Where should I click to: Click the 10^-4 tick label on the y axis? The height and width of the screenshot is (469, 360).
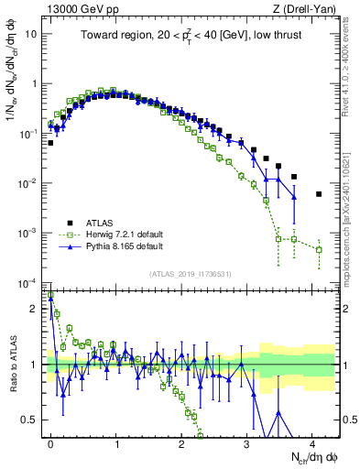coord(31,282)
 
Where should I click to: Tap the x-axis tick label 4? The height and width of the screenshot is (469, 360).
coord(312,442)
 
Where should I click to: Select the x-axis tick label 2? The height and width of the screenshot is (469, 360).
coord(181,442)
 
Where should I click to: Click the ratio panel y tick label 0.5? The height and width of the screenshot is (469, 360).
coord(33,420)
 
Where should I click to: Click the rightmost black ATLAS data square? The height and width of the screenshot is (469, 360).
coord(319,194)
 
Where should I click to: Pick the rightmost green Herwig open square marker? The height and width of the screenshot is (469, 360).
coord(319,249)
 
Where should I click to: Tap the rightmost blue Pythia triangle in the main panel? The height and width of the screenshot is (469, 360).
coord(293,196)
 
